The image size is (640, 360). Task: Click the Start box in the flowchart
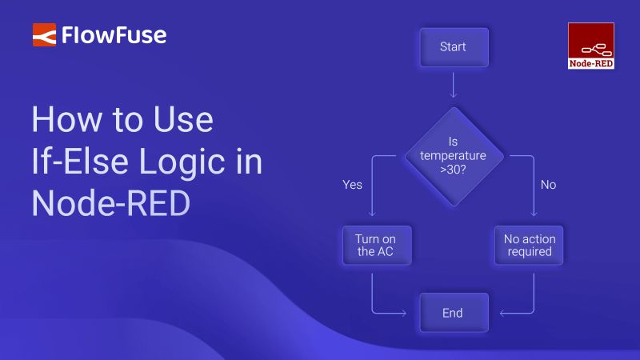(453, 47)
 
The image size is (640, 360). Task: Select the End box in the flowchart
(453, 313)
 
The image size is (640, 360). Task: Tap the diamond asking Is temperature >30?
(453, 155)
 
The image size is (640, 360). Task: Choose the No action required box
(529, 245)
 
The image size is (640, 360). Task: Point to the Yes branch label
(352, 185)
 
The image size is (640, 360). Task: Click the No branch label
(548, 185)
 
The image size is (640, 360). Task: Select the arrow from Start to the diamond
(453, 86)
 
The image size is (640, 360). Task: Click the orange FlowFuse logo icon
(44, 35)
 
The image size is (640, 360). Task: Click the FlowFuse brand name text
(115, 35)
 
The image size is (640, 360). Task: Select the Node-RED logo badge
(590, 45)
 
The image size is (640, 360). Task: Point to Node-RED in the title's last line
(110, 204)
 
